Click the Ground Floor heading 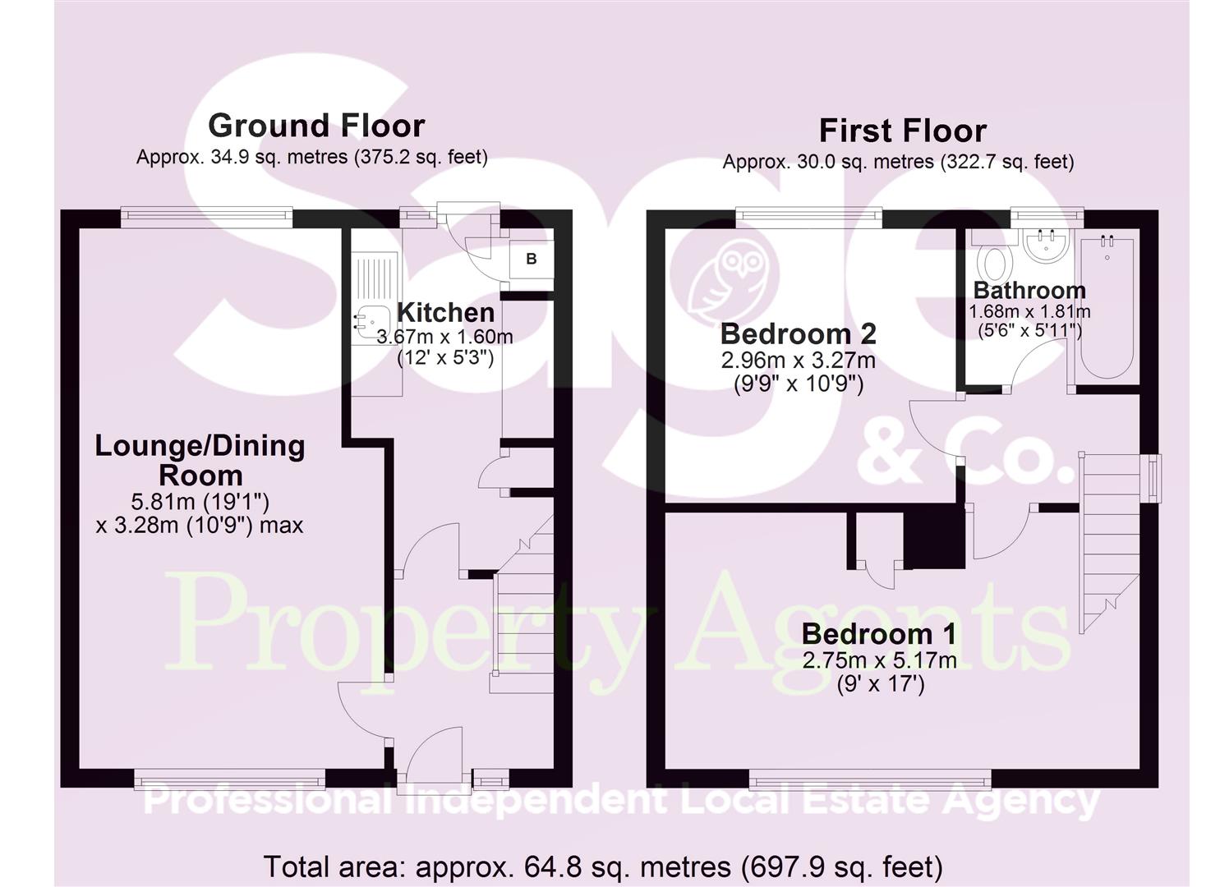[x=316, y=126]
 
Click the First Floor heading [x=902, y=131]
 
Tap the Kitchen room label [x=445, y=313]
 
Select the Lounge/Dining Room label [x=200, y=460]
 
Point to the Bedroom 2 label [x=798, y=334]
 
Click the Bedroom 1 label [x=879, y=634]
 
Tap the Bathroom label [x=1029, y=291]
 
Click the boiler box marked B [x=532, y=260]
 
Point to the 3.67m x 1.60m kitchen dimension [x=444, y=337]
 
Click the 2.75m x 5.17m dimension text [x=880, y=661]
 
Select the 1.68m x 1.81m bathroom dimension [x=1029, y=312]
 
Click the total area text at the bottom [x=602, y=866]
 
